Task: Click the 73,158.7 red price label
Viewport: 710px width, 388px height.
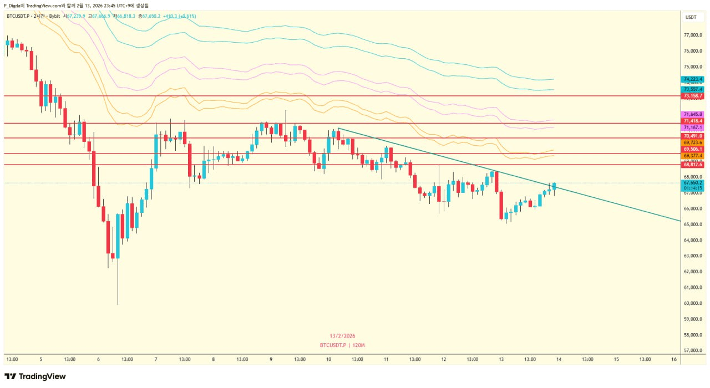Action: pyautogui.click(x=693, y=96)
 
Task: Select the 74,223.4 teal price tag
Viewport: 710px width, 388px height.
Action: pyautogui.click(x=693, y=79)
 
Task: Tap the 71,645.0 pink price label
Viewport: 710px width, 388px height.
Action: pyautogui.click(x=693, y=114)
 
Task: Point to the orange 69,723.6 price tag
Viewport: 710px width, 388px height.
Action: pyautogui.click(x=693, y=142)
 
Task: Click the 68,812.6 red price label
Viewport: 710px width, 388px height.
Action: pyautogui.click(x=693, y=165)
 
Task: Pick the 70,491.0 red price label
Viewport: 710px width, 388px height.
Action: pyautogui.click(x=693, y=136)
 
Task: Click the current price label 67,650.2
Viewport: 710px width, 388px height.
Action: pyautogui.click(x=693, y=182)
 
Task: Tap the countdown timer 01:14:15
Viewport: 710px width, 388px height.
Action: pyautogui.click(x=693, y=188)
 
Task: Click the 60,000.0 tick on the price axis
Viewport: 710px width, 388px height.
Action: pyautogui.click(x=693, y=303)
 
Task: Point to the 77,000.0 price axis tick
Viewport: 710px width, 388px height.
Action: pyautogui.click(x=693, y=35)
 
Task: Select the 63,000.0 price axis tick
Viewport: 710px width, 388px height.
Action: pyautogui.click(x=693, y=256)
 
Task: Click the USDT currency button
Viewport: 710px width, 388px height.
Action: pyautogui.click(x=691, y=17)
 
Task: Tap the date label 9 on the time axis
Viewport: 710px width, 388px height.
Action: pyautogui.click(x=271, y=359)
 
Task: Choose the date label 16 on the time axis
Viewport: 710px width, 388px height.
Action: pyautogui.click(x=674, y=359)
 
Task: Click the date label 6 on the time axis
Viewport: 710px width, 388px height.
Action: pyautogui.click(x=98, y=359)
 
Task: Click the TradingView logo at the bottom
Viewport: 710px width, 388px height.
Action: pyautogui.click(x=35, y=376)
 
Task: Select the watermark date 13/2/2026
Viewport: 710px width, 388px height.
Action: pyautogui.click(x=342, y=336)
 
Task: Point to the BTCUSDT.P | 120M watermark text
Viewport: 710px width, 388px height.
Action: pyautogui.click(x=342, y=345)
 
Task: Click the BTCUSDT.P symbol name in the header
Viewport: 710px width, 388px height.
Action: pyautogui.click(x=18, y=16)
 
